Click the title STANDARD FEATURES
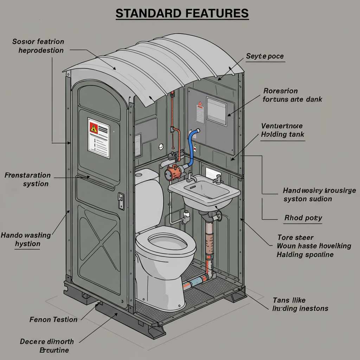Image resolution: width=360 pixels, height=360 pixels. (x=182, y=13)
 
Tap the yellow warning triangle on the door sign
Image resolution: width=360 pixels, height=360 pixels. (x=94, y=128)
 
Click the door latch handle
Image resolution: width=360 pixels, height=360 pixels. (x=121, y=201)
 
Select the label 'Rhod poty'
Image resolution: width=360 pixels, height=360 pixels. (x=303, y=218)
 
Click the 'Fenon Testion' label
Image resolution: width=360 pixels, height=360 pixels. (x=53, y=320)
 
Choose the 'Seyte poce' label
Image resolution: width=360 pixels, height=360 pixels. (x=265, y=56)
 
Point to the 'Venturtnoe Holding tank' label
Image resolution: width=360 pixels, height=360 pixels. (x=282, y=130)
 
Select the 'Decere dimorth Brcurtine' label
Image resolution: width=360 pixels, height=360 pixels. (x=47, y=346)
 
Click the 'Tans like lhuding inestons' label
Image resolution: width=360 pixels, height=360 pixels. (x=300, y=304)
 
